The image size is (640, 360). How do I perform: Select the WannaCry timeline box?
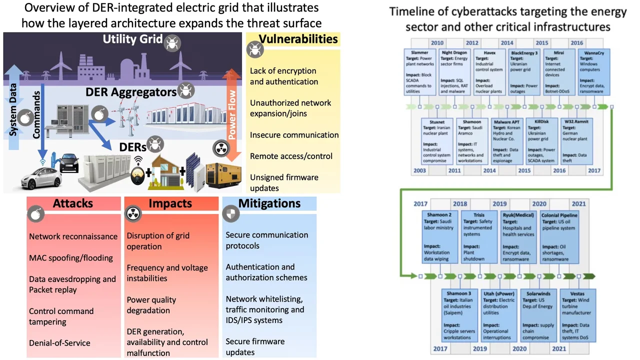coord(594,70)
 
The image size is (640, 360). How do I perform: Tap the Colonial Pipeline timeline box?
coord(559,236)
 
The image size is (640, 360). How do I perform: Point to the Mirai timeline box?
coord(558,70)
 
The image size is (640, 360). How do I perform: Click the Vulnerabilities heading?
coord(298,39)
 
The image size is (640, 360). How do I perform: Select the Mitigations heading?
coord(269,203)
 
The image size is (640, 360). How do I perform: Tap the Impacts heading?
coord(170,203)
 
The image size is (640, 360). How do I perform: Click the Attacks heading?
coord(73,203)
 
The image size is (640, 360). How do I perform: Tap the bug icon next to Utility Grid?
coord(172,42)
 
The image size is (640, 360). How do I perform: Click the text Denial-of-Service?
coord(60,343)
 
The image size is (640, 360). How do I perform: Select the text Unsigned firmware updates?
coord(284,182)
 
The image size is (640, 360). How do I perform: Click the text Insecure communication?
coord(294,135)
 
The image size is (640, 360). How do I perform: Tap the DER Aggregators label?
coord(131,92)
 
